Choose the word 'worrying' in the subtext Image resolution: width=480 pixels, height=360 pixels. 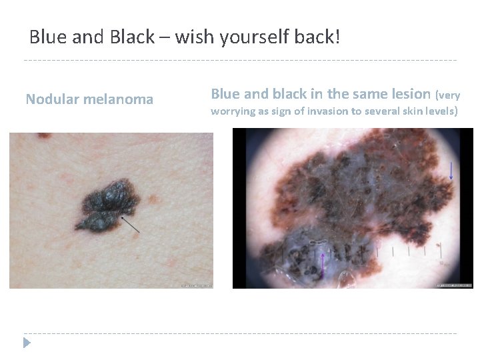[x=233, y=111]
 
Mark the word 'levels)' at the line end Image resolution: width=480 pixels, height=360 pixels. [x=441, y=111]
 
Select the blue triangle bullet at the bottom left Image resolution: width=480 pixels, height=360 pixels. [x=27, y=343]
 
